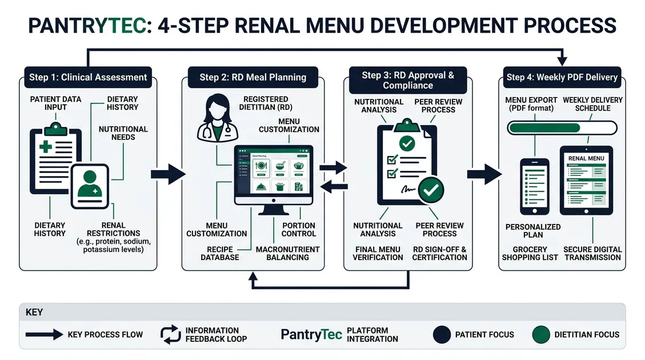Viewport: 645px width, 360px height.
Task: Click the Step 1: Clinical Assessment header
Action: pyautogui.click(x=88, y=77)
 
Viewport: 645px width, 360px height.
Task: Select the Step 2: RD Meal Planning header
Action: pyautogui.click(x=253, y=77)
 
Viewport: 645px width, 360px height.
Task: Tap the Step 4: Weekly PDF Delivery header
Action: pyautogui.click(x=562, y=77)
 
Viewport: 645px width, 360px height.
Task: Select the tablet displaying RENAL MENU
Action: pyautogui.click(x=586, y=180)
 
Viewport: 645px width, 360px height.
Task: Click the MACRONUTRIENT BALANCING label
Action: pyautogui.click(x=287, y=253)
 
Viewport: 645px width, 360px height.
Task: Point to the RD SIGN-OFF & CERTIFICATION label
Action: pyautogui.click(x=440, y=253)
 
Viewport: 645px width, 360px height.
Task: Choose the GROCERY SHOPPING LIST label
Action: pyautogui.click(x=524, y=253)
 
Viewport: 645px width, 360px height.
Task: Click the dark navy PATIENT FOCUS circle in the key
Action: pyautogui.click(x=442, y=334)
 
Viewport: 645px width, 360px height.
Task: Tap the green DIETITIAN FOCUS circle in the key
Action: pyautogui.click(x=540, y=334)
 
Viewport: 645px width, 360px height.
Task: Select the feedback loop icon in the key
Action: pyautogui.click(x=170, y=334)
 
